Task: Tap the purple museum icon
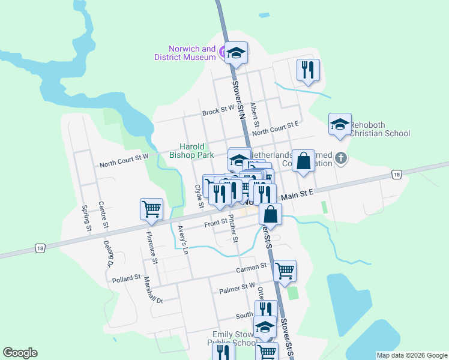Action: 223,53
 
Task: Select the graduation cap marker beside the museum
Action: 237,54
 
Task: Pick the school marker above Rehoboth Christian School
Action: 340,124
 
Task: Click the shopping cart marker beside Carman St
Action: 285,270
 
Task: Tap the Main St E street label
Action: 298,194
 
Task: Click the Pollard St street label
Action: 126,279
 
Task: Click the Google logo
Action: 20,353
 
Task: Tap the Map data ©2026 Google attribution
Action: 411,355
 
